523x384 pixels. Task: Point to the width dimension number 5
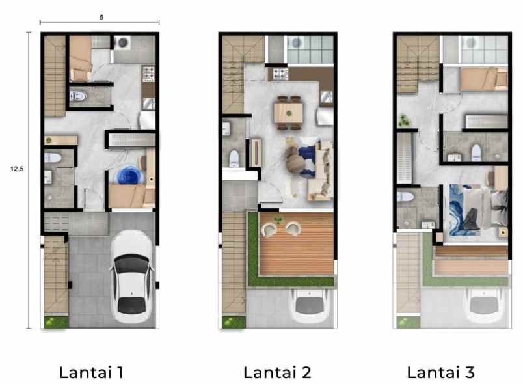coord(101,17)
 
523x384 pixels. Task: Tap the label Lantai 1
coord(91,373)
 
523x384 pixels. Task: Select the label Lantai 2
coord(277,373)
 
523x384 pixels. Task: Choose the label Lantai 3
coord(441,373)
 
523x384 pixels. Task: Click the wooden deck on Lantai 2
coord(297,243)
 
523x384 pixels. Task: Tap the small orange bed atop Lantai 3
coord(483,79)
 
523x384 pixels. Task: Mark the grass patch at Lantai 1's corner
coord(56,322)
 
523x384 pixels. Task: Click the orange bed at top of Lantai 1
coord(81,57)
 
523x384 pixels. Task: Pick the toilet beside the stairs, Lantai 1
coord(79,97)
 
